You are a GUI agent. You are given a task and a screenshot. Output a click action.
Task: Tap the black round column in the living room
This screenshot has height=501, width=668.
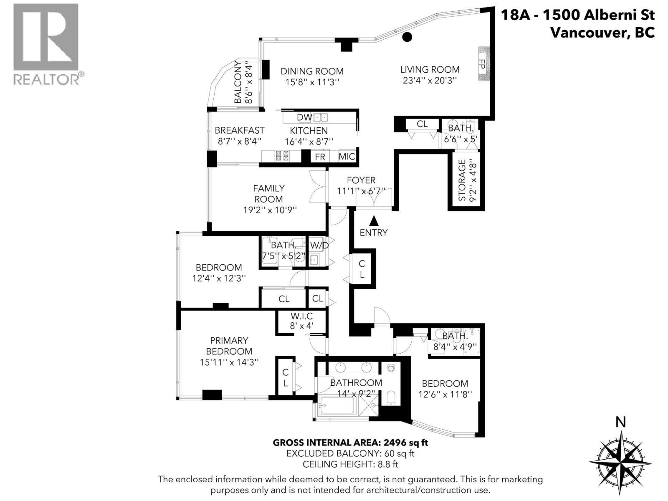click(x=407, y=37)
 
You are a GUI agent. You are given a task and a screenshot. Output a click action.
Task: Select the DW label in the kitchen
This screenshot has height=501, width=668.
click(x=304, y=117)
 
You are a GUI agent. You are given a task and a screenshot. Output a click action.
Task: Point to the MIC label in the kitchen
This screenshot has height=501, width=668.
click(x=347, y=157)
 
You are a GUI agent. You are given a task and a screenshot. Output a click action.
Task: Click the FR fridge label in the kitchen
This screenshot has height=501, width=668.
click(x=320, y=157)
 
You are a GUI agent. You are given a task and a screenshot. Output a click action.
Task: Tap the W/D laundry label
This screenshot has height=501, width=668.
click(x=319, y=245)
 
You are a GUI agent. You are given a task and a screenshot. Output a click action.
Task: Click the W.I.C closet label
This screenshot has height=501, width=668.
click(x=301, y=316)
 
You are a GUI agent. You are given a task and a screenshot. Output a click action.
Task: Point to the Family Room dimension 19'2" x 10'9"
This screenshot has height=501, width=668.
click(x=270, y=210)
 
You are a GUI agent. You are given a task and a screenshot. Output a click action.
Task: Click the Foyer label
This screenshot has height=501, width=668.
click(x=361, y=180)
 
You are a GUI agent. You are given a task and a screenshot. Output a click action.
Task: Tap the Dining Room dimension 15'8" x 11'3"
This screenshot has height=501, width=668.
click(x=312, y=82)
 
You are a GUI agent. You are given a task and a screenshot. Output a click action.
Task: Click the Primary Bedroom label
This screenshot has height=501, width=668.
click(x=229, y=346)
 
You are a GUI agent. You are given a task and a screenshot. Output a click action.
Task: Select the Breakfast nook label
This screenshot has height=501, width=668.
click(x=240, y=130)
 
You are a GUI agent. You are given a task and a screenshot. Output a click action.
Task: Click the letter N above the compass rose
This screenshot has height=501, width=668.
click(x=621, y=423)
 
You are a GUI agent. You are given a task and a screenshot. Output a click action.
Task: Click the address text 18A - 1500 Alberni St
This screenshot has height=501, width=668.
click(x=577, y=15)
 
